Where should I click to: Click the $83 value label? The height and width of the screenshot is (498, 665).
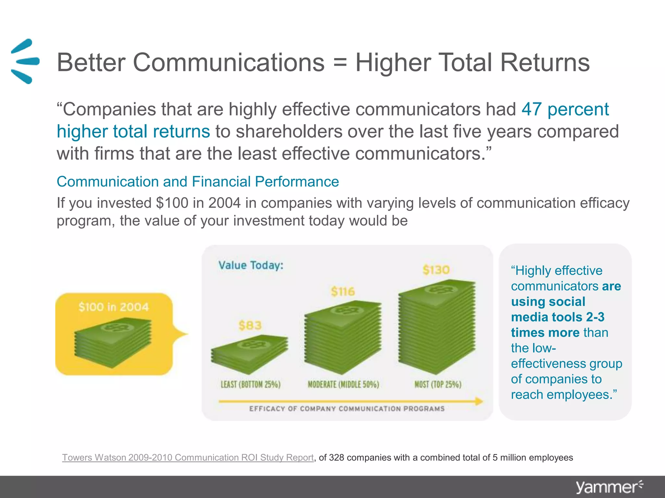(250, 325)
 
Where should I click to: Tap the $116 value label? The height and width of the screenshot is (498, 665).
(343, 291)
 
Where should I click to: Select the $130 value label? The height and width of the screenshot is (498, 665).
(436, 270)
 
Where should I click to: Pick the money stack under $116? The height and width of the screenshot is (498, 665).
(343, 337)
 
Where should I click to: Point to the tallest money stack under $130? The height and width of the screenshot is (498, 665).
(437, 326)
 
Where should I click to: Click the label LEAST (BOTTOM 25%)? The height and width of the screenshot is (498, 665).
(250, 385)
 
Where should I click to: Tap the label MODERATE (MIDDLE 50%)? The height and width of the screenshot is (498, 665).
(343, 385)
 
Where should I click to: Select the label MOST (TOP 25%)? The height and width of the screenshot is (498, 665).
(438, 385)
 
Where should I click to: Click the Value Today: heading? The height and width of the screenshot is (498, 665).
(251, 265)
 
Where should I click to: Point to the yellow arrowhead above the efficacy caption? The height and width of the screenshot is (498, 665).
(479, 401)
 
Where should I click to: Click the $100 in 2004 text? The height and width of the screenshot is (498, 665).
(114, 307)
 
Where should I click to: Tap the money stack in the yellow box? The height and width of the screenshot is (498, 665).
(113, 343)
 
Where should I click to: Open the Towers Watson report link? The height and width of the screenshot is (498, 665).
(188, 457)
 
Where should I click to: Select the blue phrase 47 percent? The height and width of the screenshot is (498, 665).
(565, 109)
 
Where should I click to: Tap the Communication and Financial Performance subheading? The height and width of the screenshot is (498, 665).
(198, 182)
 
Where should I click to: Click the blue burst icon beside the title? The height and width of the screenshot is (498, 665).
(25, 61)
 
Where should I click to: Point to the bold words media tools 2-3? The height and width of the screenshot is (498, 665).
(558, 317)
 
